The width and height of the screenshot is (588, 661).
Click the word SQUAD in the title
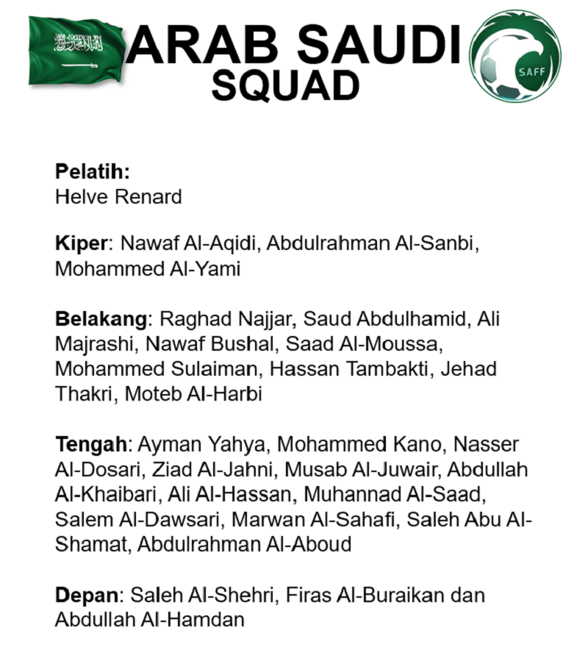(x=285, y=85)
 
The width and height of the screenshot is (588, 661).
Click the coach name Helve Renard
(x=118, y=196)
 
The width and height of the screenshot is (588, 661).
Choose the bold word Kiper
(x=82, y=244)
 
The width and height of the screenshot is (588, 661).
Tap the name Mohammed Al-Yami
(x=148, y=269)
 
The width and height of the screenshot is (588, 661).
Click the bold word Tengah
(x=92, y=444)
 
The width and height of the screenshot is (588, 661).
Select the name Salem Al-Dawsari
(x=137, y=519)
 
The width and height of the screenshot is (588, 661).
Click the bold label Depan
(x=87, y=595)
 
